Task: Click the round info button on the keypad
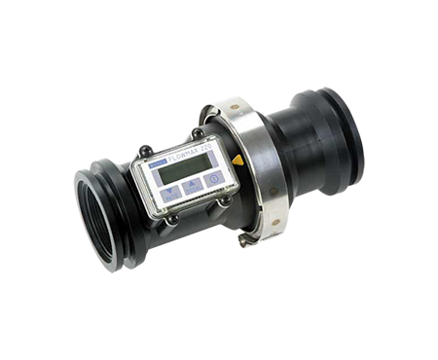coord(212,191)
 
